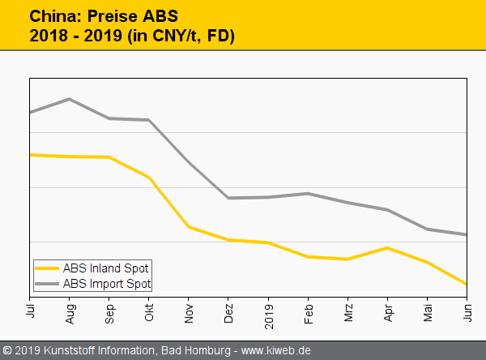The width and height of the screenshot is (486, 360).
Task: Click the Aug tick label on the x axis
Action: (70, 309)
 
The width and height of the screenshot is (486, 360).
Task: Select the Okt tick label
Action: (149, 309)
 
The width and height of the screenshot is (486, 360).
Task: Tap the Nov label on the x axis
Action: (189, 309)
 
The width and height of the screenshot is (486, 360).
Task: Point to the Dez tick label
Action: (228, 309)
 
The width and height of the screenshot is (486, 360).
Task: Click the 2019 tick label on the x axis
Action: (268, 311)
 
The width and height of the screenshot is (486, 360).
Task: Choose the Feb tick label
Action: (308, 309)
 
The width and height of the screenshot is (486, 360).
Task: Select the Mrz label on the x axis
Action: (347, 309)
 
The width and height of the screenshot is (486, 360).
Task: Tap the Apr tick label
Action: (387, 309)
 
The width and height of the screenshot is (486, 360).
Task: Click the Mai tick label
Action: (427, 309)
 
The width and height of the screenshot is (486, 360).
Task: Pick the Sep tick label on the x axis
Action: (109, 309)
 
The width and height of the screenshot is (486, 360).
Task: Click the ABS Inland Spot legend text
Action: (107, 268)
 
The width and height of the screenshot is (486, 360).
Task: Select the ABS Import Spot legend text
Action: (108, 284)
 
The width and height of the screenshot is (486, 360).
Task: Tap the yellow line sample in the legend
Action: (47, 268)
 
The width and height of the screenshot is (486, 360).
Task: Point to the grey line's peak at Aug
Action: (70, 99)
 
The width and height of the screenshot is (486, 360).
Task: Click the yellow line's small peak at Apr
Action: (387, 247)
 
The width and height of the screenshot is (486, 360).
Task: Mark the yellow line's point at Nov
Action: (189, 227)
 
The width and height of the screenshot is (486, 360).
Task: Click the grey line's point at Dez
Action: (228, 198)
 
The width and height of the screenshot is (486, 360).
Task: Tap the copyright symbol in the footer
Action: (7, 351)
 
